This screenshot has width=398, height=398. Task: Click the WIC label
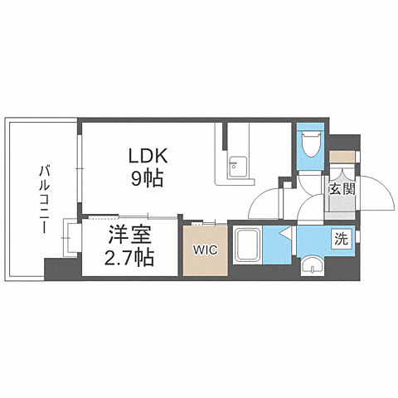tap(204, 248)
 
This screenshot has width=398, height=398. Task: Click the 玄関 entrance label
tap(342, 188)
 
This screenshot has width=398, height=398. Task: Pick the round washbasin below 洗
tap(312, 265)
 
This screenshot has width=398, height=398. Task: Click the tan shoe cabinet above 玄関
tap(341, 155)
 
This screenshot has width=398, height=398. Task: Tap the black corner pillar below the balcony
tap(59, 269)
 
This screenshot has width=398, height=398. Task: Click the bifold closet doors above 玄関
tap(342, 169)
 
